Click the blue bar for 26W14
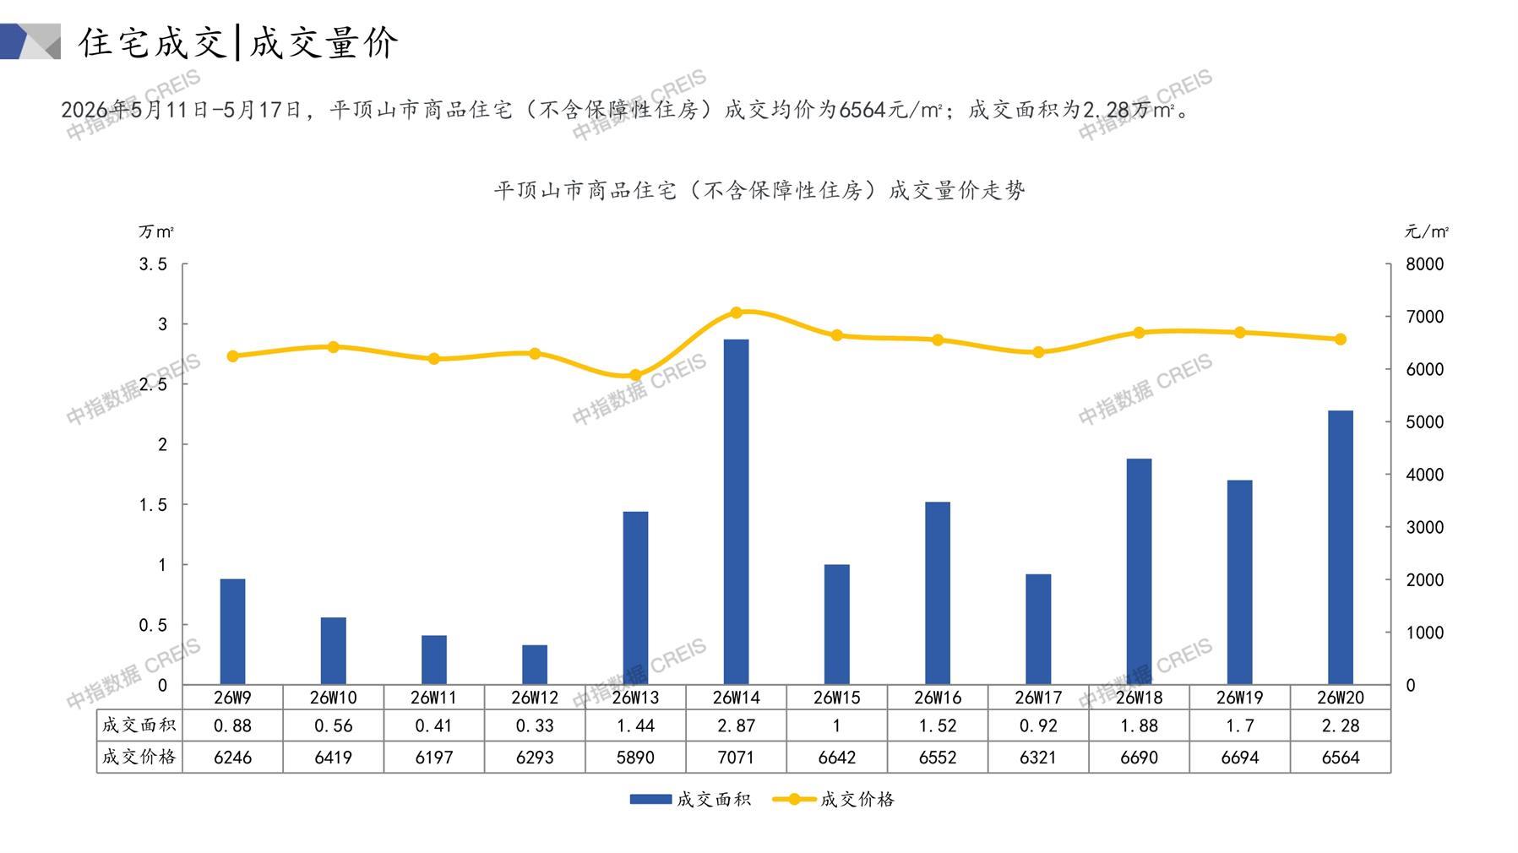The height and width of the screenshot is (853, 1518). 736,512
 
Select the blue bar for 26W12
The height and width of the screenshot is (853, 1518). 535,665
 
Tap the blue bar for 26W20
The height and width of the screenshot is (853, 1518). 1341,547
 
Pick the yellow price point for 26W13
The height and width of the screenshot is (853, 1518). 635,376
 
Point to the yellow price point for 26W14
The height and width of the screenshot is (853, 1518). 736,312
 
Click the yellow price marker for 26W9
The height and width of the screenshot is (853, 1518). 233,356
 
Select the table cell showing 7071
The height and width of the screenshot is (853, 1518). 736,758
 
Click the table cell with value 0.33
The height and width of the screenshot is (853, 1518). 535,725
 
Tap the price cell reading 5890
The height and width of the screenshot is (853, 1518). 635,758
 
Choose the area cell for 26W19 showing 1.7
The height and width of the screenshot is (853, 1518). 1240,725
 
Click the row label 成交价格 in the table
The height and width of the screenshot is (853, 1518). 139,757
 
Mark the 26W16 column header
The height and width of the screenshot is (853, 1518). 938,698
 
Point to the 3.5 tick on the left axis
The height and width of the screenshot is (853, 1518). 153,264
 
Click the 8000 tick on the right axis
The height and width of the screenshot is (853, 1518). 1425,264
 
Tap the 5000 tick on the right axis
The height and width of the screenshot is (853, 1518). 1425,422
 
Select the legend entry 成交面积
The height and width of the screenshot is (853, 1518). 690,799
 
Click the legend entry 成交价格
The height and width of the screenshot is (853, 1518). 834,799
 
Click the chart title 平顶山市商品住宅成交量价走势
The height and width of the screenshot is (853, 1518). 759,191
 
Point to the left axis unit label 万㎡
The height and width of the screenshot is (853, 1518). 156,231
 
